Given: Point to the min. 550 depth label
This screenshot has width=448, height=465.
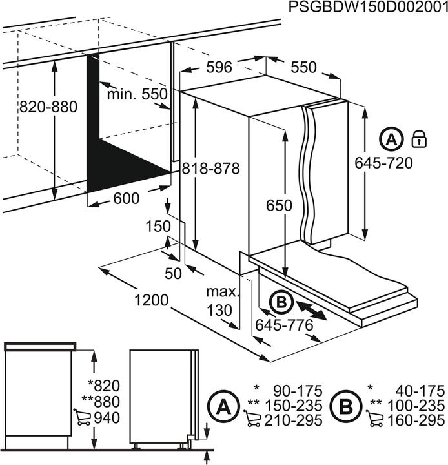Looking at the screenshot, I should (x=137, y=94).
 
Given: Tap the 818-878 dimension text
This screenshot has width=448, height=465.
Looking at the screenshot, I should (x=210, y=169).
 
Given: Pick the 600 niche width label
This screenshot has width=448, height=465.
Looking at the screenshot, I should (x=126, y=199).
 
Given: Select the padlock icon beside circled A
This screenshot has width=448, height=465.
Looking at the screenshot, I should (x=419, y=138).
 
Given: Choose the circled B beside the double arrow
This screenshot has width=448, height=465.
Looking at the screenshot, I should (x=281, y=302).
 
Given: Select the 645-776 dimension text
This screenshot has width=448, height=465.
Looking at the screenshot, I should (x=284, y=325).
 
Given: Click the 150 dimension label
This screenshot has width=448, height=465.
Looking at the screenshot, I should (x=158, y=226).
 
